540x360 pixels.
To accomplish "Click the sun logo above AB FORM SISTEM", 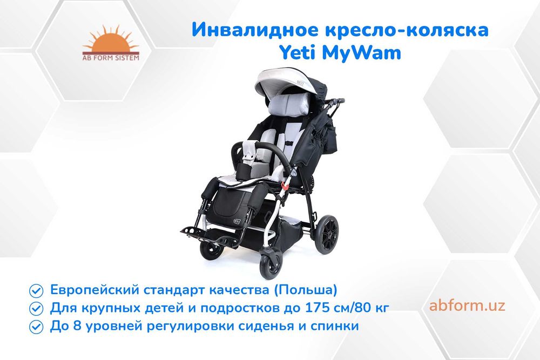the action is [x=110, y=39].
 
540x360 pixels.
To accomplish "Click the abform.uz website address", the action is [x=467, y=305].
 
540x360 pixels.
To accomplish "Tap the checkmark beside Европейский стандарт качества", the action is [x=36, y=291].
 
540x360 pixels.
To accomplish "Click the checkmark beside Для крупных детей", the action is [x=36, y=309].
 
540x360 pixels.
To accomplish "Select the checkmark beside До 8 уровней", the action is [x=36, y=327].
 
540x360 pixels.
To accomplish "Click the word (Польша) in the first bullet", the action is [x=306, y=290].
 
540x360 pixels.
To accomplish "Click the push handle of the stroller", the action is [x=335, y=102].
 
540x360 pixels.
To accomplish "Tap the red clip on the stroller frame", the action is [x=285, y=186].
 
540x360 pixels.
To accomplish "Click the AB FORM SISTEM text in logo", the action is [x=111, y=58].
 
